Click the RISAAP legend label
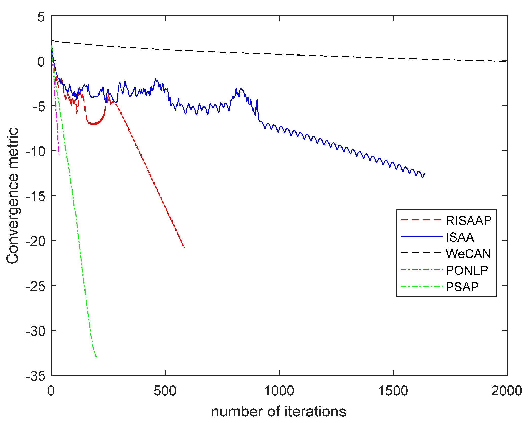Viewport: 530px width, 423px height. pyautogui.click(x=468, y=220)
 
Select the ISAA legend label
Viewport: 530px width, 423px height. pyautogui.click(x=460, y=237)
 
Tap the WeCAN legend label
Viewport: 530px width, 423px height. pyautogui.click(x=468, y=254)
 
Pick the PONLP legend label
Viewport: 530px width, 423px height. pyautogui.click(x=467, y=270)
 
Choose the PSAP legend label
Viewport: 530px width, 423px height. pyautogui.click(x=462, y=287)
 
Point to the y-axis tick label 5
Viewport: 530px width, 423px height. pyautogui.click(x=41, y=17)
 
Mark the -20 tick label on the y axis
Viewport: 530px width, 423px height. pyautogui.click(x=36, y=241)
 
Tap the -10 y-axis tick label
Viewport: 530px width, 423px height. pyautogui.click(x=36, y=152)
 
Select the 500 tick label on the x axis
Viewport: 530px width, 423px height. pyautogui.click(x=165, y=391)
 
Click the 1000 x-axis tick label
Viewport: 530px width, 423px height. pyautogui.click(x=279, y=391)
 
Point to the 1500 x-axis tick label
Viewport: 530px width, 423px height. pyautogui.click(x=393, y=391)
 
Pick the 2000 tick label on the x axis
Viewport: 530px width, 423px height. pyautogui.click(x=506, y=391)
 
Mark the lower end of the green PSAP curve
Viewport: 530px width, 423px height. pyautogui.click(x=97, y=357)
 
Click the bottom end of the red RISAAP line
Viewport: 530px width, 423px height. pyautogui.click(x=184, y=247)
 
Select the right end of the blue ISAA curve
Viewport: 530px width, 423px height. pyautogui.click(x=425, y=173)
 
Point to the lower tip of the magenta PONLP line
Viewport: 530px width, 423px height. pyautogui.click(x=59, y=155)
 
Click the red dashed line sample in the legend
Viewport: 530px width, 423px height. pyautogui.click(x=421, y=220)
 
